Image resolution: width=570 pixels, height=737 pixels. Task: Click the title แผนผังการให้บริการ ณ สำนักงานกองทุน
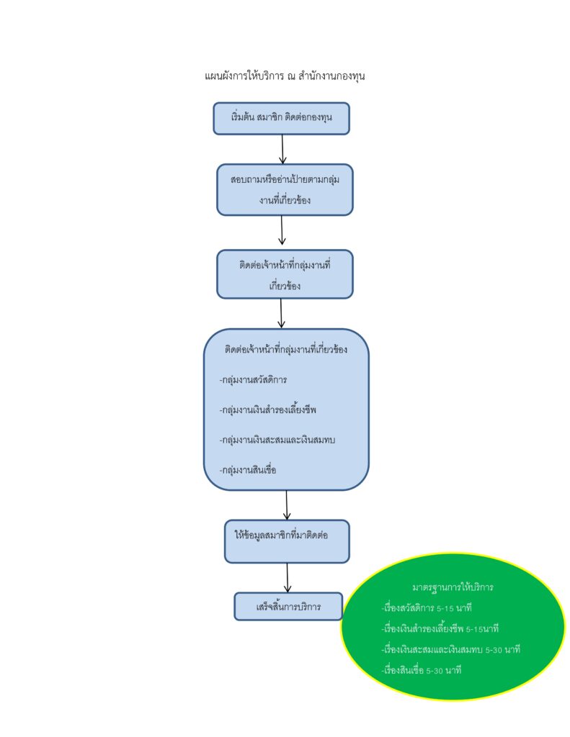point(285,75)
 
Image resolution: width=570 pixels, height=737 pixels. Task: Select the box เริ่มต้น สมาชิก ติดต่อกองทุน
point(281,118)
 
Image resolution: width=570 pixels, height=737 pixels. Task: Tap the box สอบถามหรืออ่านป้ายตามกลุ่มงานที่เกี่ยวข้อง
point(285,189)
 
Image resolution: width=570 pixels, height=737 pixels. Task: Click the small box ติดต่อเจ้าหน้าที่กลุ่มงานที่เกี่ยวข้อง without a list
point(285,273)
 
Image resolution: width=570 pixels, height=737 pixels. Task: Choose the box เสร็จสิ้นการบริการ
point(287,606)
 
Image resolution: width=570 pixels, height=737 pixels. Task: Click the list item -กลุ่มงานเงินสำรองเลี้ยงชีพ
point(268,410)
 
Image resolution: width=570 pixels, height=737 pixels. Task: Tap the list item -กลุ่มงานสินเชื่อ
point(248,470)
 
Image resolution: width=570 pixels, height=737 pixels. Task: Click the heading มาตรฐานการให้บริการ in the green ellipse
point(453,587)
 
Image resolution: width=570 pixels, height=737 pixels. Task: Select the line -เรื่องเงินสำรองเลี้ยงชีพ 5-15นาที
point(441,628)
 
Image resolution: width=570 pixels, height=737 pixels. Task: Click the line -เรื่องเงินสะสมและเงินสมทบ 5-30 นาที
point(451,649)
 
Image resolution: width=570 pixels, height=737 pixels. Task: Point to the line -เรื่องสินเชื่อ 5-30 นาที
point(422,669)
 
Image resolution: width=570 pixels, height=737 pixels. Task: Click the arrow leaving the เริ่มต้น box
point(282,149)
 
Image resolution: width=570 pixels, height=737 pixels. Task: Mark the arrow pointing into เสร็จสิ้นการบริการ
point(288,577)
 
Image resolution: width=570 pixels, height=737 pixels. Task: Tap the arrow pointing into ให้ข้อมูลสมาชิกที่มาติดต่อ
point(286,505)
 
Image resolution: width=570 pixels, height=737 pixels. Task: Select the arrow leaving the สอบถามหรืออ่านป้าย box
point(282,231)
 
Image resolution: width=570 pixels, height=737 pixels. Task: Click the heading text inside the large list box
point(286,350)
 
